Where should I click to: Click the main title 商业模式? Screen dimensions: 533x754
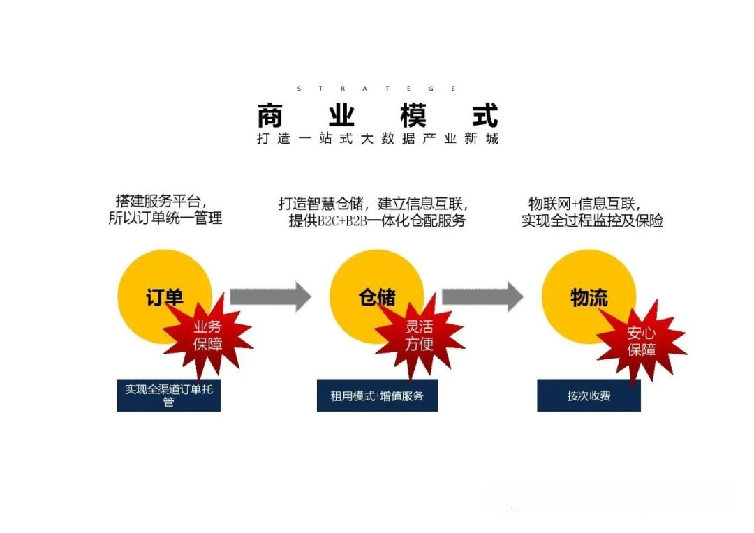377,114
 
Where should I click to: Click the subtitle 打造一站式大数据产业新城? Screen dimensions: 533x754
377,138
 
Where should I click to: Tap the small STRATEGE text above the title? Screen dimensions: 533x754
377,89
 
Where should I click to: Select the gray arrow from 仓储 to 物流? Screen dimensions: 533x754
482,296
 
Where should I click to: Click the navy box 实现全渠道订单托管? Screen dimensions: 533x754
169,395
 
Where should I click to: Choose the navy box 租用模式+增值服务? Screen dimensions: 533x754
377,396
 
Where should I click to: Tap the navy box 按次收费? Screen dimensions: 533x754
589,396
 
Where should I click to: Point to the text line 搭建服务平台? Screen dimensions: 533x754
163,202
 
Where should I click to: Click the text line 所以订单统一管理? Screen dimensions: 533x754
165,218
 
